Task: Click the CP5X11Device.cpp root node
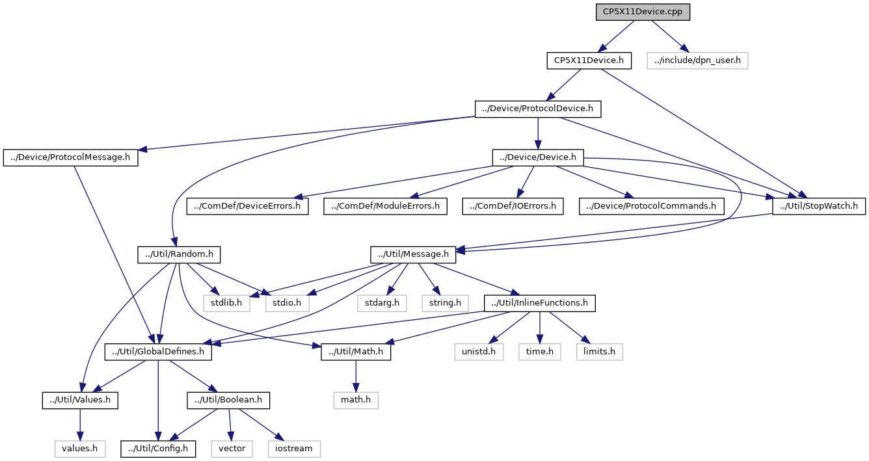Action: (x=643, y=12)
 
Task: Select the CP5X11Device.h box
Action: (x=589, y=61)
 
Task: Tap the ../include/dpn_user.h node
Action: (x=697, y=61)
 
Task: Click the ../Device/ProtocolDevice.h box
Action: (x=538, y=109)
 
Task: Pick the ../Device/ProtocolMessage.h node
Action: (x=70, y=158)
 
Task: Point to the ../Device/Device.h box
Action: (x=538, y=158)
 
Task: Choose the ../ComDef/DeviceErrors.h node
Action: (x=248, y=206)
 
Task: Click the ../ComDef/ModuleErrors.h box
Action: (x=385, y=206)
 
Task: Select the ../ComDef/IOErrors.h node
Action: (x=513, y=206)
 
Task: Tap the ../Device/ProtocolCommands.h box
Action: (x=651, y=206)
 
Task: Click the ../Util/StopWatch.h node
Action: (x=818, y=206)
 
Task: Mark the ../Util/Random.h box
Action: (x=179, y=255)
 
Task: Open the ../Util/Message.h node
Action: (x=413, y=255)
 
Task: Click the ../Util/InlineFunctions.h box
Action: (x=540, y=303)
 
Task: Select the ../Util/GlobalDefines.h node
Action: (x=158, y=352)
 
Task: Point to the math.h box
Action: (x=356, y=400)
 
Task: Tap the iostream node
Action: (x=294, y=449)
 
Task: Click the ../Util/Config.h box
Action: (x=158, y=449)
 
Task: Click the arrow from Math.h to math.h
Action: (x=356, y=376)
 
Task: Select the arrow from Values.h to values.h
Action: (x=80, y=425)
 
